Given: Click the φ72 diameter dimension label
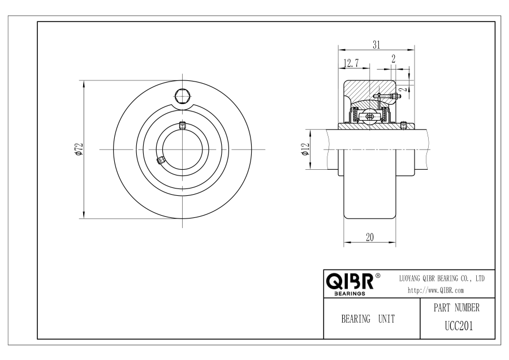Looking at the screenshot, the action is tap(79, 149).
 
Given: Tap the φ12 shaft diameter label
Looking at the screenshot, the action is tap(306, 149).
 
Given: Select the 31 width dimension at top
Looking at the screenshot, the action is tap(376, 45).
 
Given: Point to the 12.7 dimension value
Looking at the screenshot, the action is tap(351, 63).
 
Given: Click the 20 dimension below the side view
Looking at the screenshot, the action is tap(370, 238).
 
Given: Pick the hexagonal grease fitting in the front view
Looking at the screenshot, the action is tap(183, 96).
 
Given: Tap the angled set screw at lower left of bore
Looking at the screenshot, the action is tap(161, 160).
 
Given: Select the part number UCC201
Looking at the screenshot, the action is tap(459, 326).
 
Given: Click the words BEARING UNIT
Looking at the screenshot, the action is tap(368, 319).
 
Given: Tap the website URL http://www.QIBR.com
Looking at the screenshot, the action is tap(435, 290).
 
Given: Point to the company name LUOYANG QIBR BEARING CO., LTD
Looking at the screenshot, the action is tap(442, 278).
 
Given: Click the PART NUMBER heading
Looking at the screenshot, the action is tap(456, 308).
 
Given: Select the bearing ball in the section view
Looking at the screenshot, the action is tap(370, 116).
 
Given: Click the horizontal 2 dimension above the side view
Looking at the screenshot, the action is tap(394, 59).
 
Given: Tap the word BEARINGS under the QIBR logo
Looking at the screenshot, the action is tap(350, 294).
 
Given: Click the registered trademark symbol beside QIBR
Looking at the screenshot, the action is tap(378, 276).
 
